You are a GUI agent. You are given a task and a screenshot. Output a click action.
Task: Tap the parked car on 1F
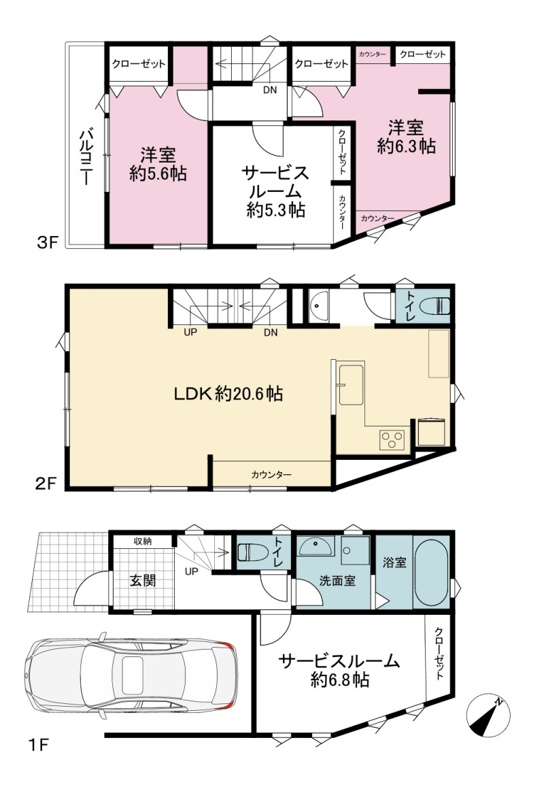pos(131,675)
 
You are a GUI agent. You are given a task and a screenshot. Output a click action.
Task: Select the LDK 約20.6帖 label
pos(228,393)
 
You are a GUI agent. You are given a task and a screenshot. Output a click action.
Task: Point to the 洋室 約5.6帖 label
pos(158,164)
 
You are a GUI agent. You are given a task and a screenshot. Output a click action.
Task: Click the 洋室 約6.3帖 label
pos(406,137)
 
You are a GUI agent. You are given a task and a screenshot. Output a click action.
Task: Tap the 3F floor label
pos(48,243)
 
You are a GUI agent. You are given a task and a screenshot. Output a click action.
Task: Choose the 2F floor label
pos(46,483)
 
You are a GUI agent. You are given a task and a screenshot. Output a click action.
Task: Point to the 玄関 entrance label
pos(143,580)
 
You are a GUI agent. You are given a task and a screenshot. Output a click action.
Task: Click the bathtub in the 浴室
pos(432,573)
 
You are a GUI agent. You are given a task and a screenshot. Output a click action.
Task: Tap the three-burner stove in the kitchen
pos(392,440)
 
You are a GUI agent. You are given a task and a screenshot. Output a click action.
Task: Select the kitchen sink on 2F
pos(352,384)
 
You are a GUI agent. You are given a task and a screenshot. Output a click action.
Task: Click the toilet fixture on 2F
pos(436,305)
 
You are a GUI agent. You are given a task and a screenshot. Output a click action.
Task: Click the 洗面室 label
pos(337,581)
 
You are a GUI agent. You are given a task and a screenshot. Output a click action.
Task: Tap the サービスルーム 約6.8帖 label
pos(339,670)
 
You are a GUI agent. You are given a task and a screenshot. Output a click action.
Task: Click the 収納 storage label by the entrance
pos(143,541)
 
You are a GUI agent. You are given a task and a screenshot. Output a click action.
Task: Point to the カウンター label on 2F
pos(271,474)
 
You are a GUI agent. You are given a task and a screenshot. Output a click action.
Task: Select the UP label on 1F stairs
pos(191,571)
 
